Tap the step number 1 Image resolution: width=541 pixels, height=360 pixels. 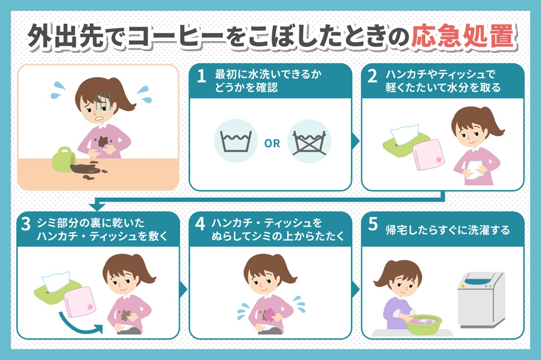pos(201,76)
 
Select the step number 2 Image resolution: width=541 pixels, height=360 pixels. pos(372,76)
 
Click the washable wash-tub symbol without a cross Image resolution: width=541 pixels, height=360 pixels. pos(236,141)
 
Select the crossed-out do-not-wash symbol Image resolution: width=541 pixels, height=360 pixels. pos(309,142)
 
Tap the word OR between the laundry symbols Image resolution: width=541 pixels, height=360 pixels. pos(272,143)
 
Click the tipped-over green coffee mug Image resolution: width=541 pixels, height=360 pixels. pos(63,159)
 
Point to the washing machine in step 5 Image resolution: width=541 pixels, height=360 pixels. pos(480,299)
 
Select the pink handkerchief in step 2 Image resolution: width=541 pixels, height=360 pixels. pos(428,155)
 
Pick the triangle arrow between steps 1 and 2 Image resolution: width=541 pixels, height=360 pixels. pos(355,141)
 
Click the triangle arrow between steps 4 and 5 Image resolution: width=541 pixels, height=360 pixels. pos(355,289)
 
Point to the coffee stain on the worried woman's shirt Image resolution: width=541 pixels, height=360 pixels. pos(103,141)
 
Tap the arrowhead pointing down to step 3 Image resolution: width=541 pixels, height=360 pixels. pos(97,206)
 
